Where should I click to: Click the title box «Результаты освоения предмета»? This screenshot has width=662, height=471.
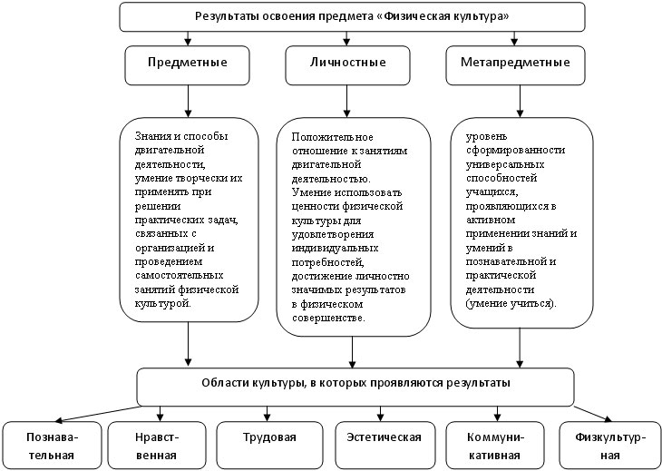(x=352, y=17)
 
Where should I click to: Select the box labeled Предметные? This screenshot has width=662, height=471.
(x=187, y=65)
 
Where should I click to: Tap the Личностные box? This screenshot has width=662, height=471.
(x=347, y=65)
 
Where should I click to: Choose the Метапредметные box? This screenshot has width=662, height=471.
(x=515, y=65)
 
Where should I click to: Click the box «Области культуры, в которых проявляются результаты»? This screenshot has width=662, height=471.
(x=355, y=387)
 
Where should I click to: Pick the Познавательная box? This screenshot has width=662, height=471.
(x=52, y=446)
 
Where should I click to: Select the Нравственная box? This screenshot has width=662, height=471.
(x=157, y=446)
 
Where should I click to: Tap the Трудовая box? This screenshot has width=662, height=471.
(x=269, y=446)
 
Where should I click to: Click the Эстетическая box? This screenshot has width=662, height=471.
(x=385, y=446)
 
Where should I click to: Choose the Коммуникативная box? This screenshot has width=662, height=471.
(x=495, y=446)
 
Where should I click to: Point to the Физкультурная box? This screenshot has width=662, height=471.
(x=609, y=446)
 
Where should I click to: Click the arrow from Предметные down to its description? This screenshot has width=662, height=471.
(x=188, y=101)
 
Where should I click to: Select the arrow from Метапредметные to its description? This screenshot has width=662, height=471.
(x=520, y=101)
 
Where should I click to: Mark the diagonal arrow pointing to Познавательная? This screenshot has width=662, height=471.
(x=97, y=414)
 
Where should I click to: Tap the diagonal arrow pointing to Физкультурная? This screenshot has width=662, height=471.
(x=593, y=414)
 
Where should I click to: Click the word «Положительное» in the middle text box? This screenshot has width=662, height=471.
(x=332, y=137)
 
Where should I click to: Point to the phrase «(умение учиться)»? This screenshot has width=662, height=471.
(x=511, y=304)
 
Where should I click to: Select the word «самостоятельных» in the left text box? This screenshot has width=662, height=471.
(x=179, y=275)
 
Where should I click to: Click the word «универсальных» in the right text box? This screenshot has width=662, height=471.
(x=505, y=164)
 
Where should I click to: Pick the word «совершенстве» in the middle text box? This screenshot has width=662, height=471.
(x=328, y=318)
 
